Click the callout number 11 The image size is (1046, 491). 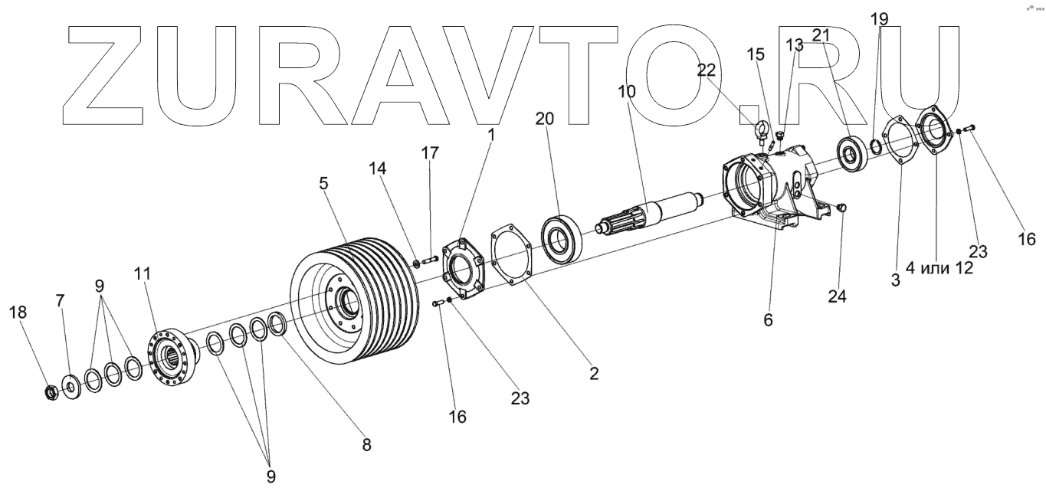142,273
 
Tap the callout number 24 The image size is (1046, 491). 837,296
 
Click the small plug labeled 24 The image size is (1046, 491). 841,207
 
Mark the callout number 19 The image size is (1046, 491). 880,19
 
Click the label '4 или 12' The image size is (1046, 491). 941,270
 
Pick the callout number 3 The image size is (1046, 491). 894,281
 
